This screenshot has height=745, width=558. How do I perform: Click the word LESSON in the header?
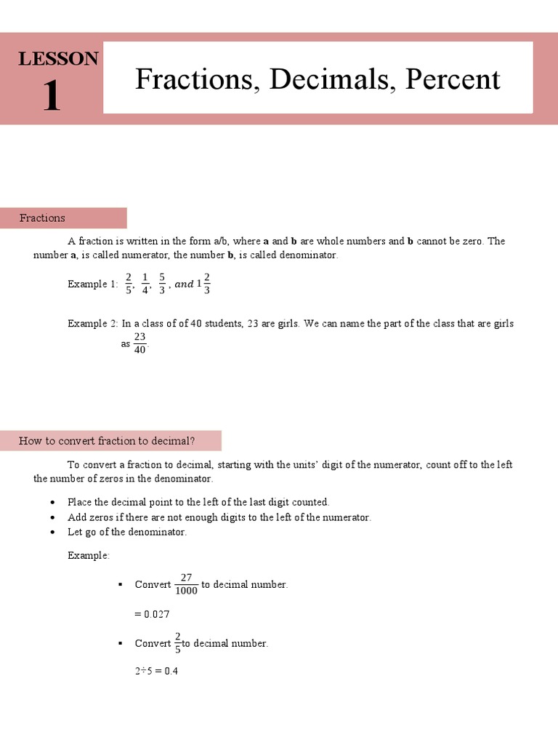tap(58, 59)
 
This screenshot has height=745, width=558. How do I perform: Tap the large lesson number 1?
tap(51, 96)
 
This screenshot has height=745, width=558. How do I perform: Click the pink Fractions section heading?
tap(42, 218)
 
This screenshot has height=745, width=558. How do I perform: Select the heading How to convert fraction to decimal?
tap(107, 440)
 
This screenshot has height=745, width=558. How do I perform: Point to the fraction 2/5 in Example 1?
tap(129, 284)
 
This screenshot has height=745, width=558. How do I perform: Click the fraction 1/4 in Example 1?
tap(145, 284)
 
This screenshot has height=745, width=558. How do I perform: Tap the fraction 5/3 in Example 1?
tap(163, 284)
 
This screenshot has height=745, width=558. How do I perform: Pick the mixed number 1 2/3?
tap(203, 284)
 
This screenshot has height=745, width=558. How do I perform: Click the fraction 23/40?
tap(140, 343)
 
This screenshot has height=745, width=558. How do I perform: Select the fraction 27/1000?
tap(186, 583)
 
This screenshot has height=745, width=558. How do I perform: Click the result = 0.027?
tap(152, 614)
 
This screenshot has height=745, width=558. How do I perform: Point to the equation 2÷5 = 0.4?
tap(156, 671)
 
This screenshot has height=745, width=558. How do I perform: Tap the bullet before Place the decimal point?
tap(52, 503)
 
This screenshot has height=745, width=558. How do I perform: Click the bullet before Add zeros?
tap(52, 517)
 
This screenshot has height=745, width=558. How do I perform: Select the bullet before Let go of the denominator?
tap(52, 532)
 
